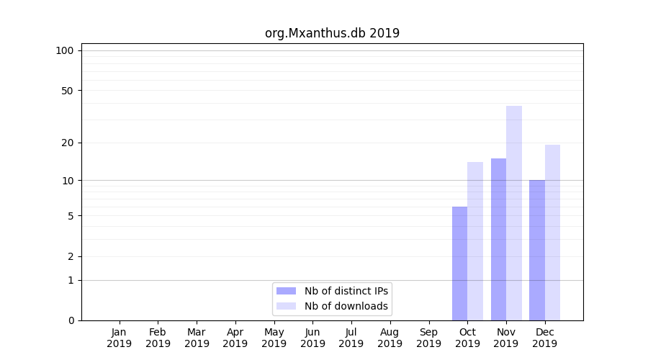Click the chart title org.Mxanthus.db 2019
pyautogui.click(x=332, y=33)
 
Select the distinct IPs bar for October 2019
pyautogui.click(x=459, y=264)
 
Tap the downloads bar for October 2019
pyautogui.click(x=475, y=241)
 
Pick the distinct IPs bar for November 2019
pyautogui.click(x=498, y=239)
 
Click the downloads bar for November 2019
pyautogui.click(x=514, y=213)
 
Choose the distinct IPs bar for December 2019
pyautogui.click(x=537, y=250)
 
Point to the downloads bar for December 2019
pyautogui.click(x=552, y=233)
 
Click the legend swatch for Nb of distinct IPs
pyautogui.click(x=286, y=291)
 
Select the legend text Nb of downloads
pyautogui.click(x=346, y=306)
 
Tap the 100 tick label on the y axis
pyautogui.click(x=65, y=50)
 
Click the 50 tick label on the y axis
pyautogui.click(x=68, y=91)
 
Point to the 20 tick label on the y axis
pyautogui.click(x=68, y=143)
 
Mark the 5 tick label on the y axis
pyautogui.click(x=71, y=216)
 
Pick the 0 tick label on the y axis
pyautogui.click(x=71, y=320)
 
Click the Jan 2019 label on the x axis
pyautogui.click(x=120, y=338)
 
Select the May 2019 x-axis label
pyautogui.click(x=274, y=338)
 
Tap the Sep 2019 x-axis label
pyautogui.click(x=428, y=338)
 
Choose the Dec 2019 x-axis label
pyautogui.click(x=545, y=338)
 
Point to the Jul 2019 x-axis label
pyautogui.click(x=351, y=338)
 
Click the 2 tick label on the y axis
pyautogui.click(x=71, y=256)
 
